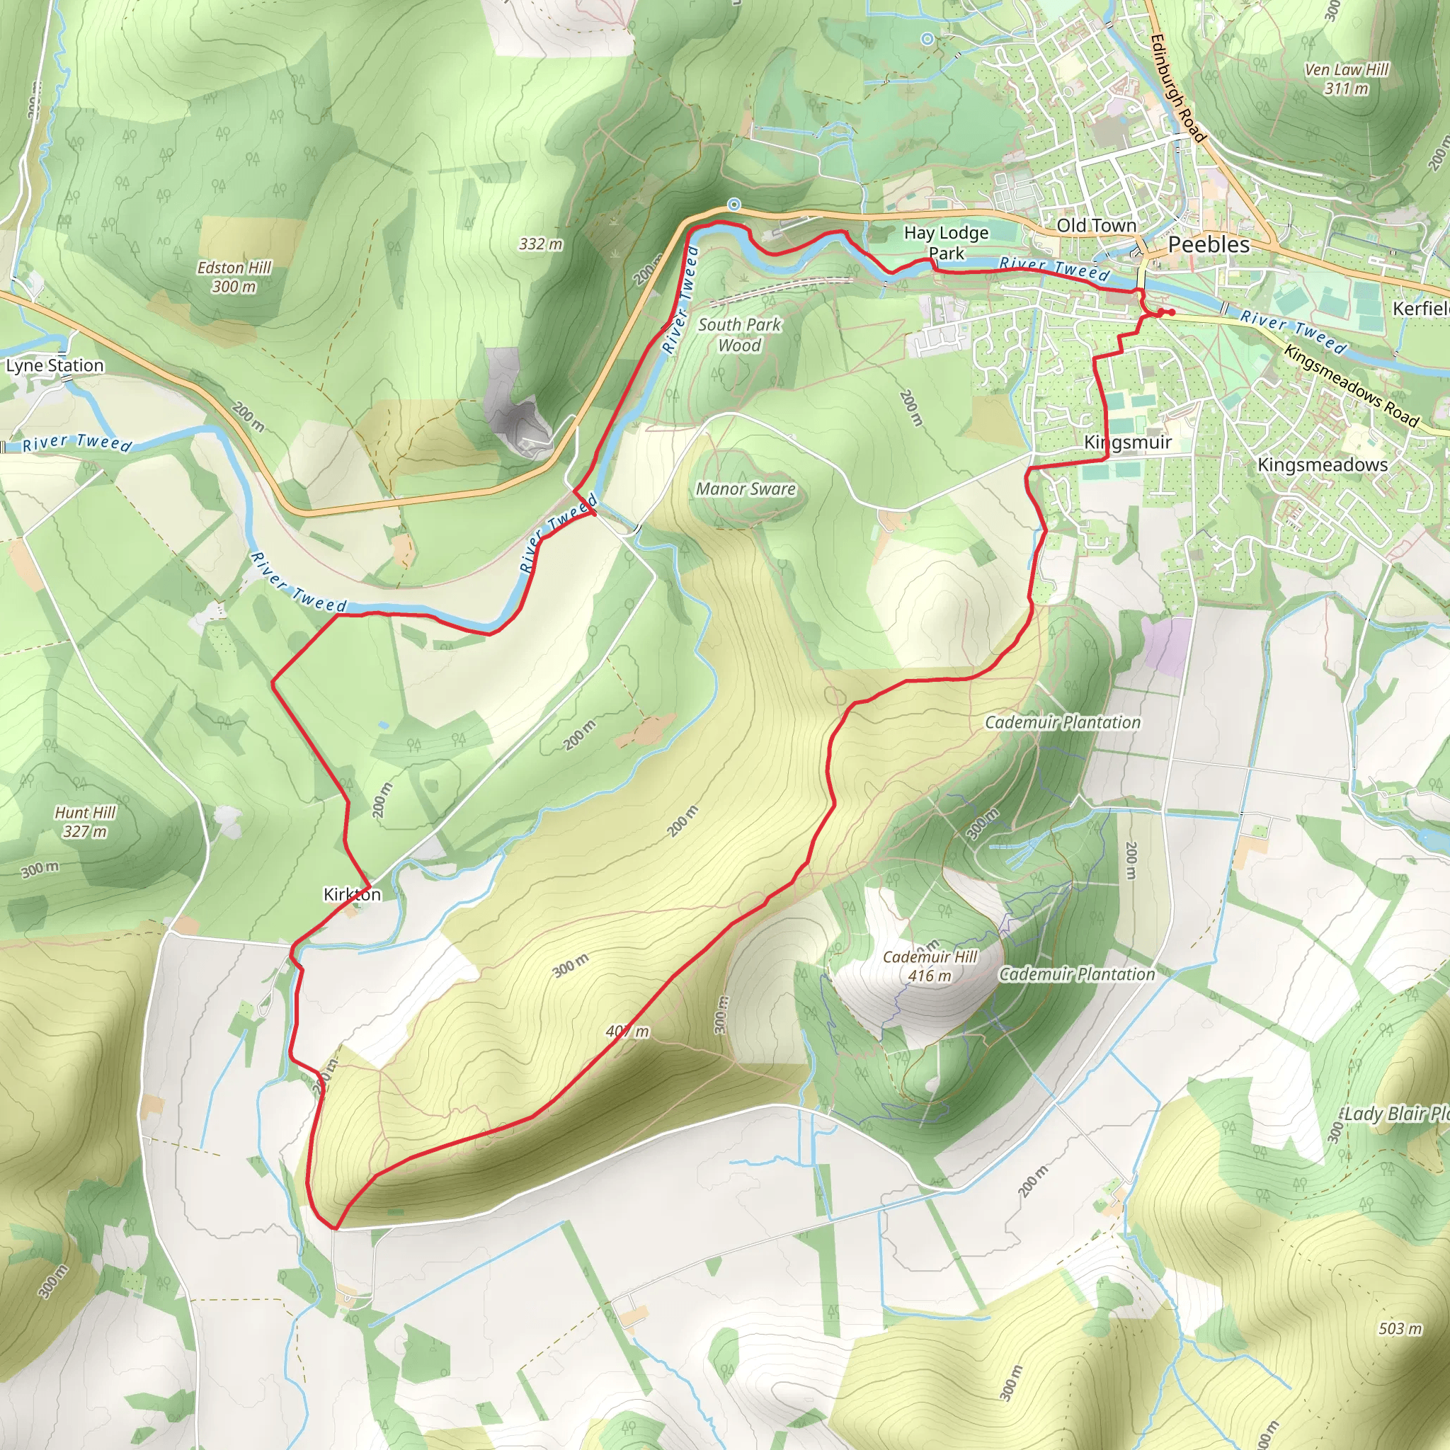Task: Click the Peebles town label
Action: tap(1209, 245)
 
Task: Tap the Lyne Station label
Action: tap(55, 365)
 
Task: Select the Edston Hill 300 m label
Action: tap(234, 277)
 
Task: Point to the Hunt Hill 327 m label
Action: tap(85, 821)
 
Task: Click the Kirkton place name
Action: tap(352, 894)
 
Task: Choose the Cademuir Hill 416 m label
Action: tap(930, 966)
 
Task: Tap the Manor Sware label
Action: tap(746, 489)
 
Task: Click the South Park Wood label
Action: tap(739, 335)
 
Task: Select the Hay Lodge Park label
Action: tap(946, 242)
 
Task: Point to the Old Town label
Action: tap(1096, 225)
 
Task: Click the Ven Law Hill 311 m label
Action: tap(1347, 79)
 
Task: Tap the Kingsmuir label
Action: tap(1127, 443)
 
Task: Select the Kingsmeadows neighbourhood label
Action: tap(1323, 464)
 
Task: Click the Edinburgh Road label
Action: tap(1176, 88)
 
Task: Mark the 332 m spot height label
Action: tap(540, 244)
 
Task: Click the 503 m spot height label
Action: tap(1400, 1328)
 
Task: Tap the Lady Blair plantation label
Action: tap(1396, 1113)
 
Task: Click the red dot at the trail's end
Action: tap(1172, 312)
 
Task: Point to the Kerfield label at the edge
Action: tap(1421, 309)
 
